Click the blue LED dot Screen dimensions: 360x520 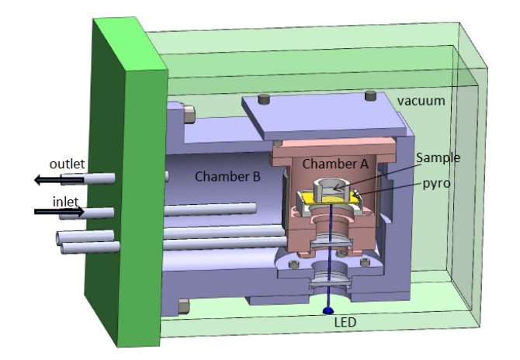click(x=325, y=310)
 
